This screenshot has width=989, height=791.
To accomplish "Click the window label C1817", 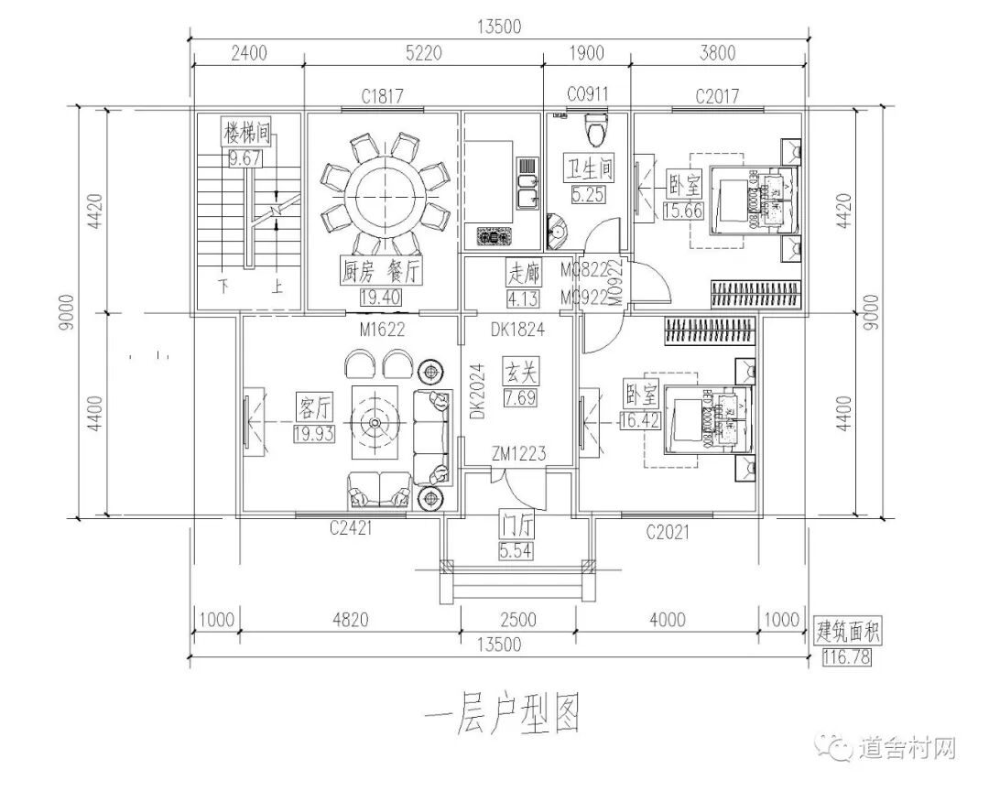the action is tap(382, 95).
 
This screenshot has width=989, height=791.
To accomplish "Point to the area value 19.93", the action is tap(313, 433).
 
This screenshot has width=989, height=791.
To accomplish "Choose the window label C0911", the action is tap(587, 95).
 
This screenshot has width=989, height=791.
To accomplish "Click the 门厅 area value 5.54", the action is tap(516, 550).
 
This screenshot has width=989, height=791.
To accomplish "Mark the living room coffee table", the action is tap(375, 423).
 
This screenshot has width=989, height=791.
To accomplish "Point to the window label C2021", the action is tap(667, 531).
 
